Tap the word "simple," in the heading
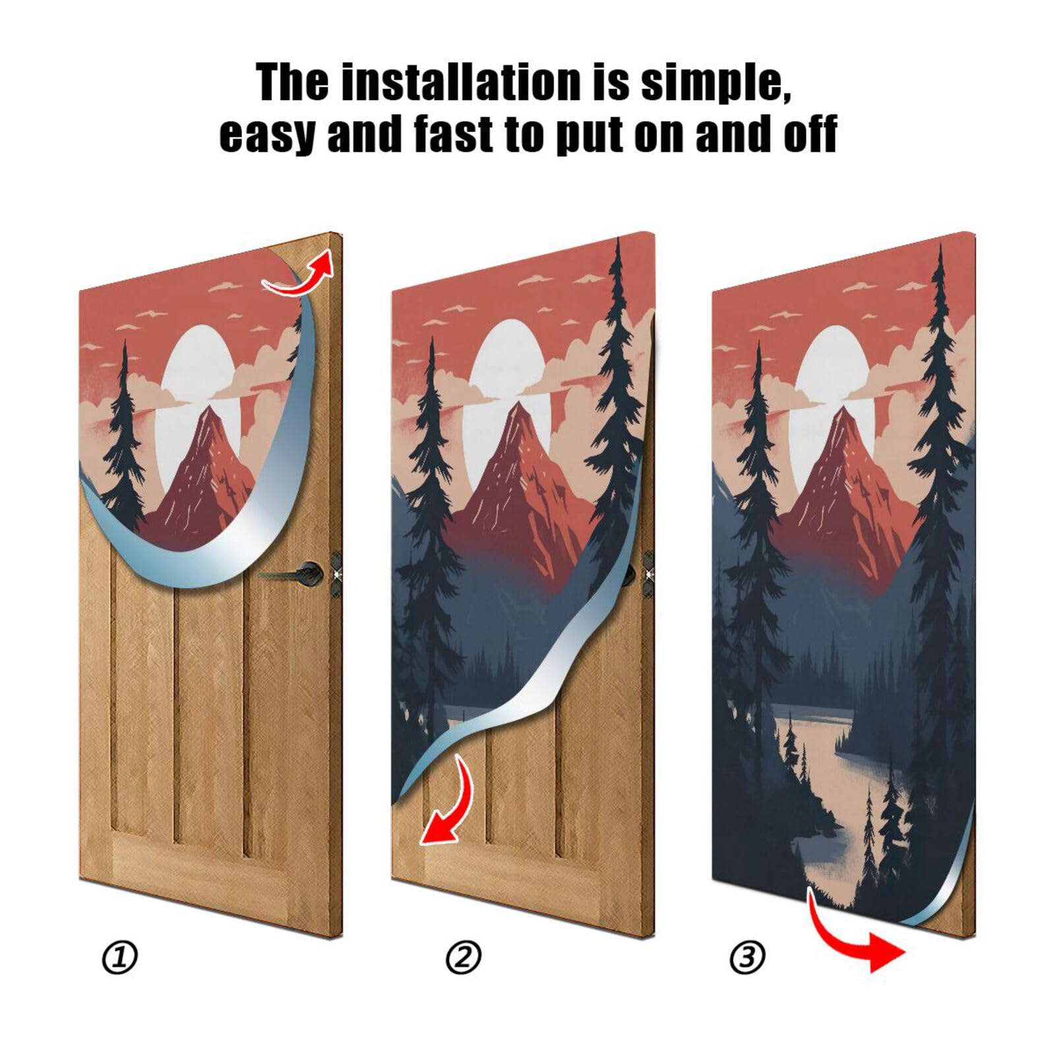pyautogui.click(x=715, y=84)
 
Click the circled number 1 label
pyautogui.click(x=120, y=957)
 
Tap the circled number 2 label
pyautogui.click(x=464, y=957)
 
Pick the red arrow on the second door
pyautogui.click(x=448, y=804)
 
